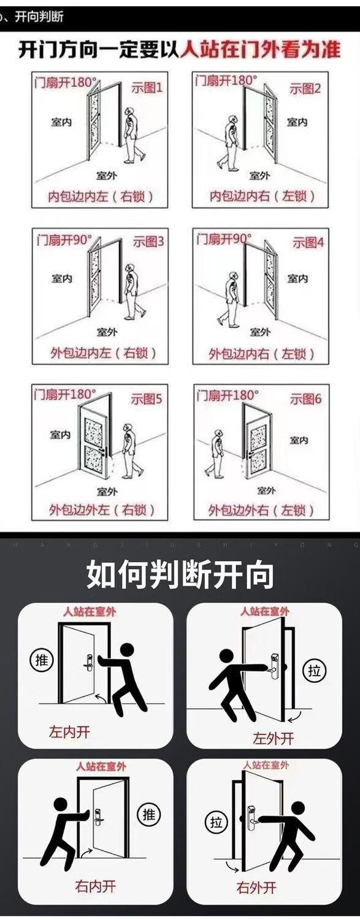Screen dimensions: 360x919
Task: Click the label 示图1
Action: (147, 88)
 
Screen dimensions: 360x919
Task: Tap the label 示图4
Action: (308, 242)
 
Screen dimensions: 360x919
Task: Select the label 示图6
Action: (306, 399)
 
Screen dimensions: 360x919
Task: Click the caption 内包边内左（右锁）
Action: (101, 197)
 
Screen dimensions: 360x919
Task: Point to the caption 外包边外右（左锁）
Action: (261, 510)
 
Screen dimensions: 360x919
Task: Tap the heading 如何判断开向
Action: (180, 574)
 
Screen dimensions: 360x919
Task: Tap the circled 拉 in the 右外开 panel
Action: (216, 821)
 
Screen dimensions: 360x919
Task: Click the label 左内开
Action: (69, 731)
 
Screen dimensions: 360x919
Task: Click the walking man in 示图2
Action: (230, 143)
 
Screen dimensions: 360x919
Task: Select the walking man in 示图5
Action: (131, 451)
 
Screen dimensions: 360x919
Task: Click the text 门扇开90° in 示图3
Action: (64, 239)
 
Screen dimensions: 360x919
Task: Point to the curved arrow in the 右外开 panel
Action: (232, 865)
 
